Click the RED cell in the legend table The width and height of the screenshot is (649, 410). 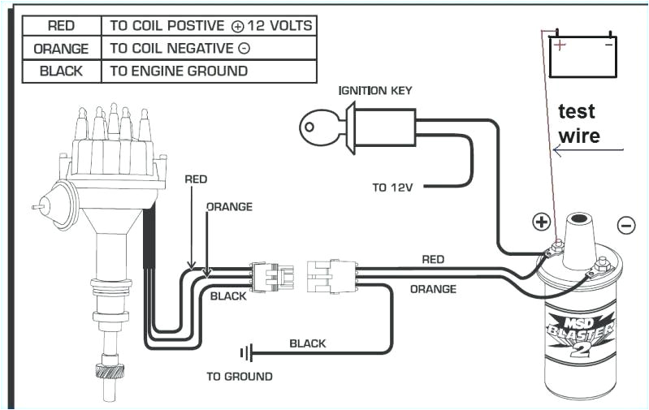[x=62, y=26]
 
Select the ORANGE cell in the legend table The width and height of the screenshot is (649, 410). [x=62, y=49]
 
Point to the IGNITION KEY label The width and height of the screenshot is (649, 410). [x=375, y=90]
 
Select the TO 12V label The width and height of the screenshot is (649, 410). [x=393, y=188]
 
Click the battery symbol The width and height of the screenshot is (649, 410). [x=582, y=55]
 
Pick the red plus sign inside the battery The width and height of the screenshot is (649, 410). [x=560, y=45]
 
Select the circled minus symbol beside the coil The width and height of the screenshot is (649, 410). [x=625, y=225]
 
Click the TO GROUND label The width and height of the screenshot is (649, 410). [x=240, y=377]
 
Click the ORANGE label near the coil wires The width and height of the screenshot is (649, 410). [x=432, y=289]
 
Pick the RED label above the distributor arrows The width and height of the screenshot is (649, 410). [x=196, y=179]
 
